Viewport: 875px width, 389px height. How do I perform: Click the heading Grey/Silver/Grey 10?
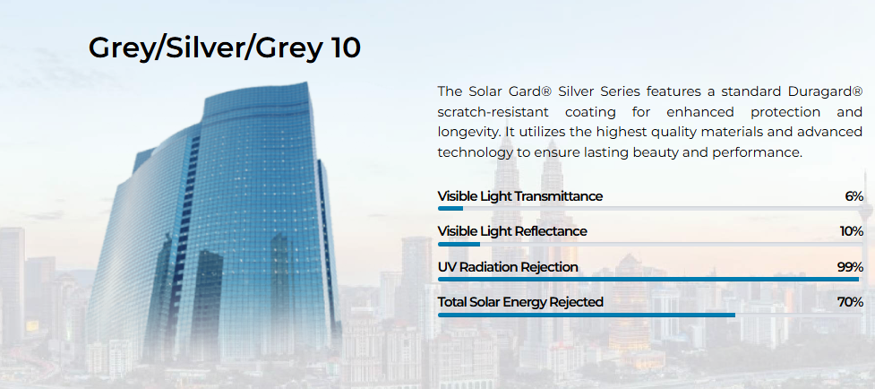pyautogui.click(x=224, y=48)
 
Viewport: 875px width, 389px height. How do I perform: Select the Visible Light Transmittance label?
pyautogui.click(x=520, y=196)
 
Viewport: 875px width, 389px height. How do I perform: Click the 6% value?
pyautogui.click(x=854, y=196)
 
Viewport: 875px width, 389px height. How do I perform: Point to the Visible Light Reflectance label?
pyautogui.click(x=512, y=231)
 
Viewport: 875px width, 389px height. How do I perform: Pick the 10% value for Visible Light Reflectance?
pyautogui.click(x=852, y=231)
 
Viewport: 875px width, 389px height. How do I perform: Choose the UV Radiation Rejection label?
pyautogui.click(x=508, y=267)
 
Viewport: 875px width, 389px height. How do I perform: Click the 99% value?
pyautogui.click(x=851, y=267)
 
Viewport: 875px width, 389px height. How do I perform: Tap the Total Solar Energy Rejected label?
pyautogui.click(x=520, y=302)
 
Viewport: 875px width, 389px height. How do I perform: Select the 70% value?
pyautogui.click(x=851, y=302)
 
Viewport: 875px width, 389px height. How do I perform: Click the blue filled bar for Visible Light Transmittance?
pyautogui.click(x=450, y=209)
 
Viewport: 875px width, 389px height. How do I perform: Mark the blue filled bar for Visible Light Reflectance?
pyautogui.click(x=459, y=244)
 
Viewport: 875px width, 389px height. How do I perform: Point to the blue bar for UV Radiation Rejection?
pyautogui.click(x=648, y=279)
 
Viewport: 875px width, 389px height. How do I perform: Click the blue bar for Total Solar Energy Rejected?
pyautogui.click(x=587, y=315)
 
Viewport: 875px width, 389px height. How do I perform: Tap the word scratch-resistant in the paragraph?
pyautogui.click(x=493, y=112)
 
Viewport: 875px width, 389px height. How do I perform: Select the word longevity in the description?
pyautogui.click(x=464, y=133)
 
